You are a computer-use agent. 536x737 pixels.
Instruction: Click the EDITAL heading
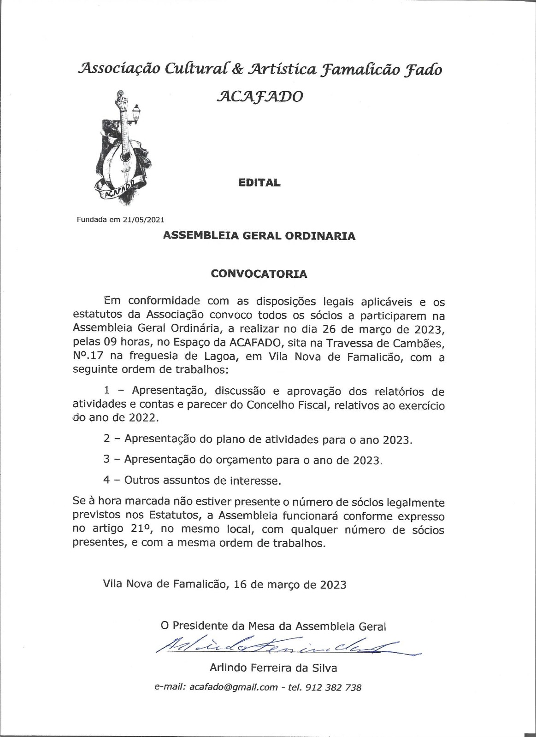coord(259,182)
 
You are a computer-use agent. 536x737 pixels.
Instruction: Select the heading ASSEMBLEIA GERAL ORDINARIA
coord(259,236)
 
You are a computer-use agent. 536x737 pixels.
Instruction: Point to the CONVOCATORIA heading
coord(259,274)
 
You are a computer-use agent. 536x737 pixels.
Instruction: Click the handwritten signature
coord(286,647)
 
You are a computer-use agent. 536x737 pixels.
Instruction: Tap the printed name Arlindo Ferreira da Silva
coord(273,667)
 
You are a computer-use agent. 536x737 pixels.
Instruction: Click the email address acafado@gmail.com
coord(234,687)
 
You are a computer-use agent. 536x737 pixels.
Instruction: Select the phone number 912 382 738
coord(333,687)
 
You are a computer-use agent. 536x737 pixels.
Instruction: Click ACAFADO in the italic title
coord(259,96)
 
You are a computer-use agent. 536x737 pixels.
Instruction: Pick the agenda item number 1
coord(107,391)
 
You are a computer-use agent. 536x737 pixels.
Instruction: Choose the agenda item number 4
coord(106,480)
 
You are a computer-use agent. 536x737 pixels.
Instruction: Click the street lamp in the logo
coord(136,113)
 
